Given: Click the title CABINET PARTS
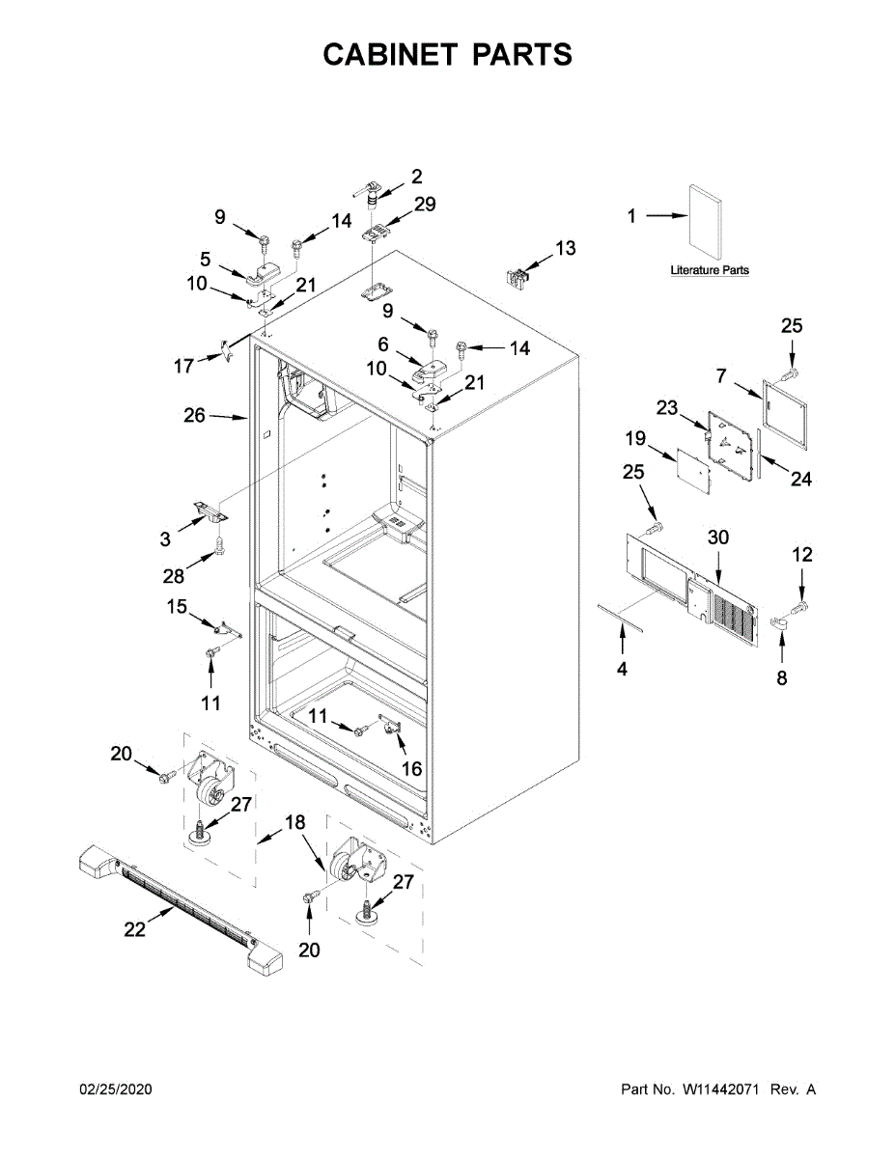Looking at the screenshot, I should coord(447,55).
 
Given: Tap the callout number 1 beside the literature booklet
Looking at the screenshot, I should coord(632,217).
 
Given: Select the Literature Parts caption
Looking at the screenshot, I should coord(710,271).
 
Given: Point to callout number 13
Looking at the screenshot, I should coord(565,249).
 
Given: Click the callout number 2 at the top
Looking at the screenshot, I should coord(417,177).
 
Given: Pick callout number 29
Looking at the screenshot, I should coord(425,205).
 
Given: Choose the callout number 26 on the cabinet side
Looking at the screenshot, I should coord(195,416).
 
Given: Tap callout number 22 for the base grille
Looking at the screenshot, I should coord(134,929).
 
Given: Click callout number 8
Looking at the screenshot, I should coord(782,678).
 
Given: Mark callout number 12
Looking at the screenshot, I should coord(802,555).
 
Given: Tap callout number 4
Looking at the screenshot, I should coord(622,668).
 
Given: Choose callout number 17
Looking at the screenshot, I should coord(182,365).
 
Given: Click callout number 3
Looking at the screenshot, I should coord(166,539).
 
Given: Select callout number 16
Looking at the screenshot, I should coord(411,768).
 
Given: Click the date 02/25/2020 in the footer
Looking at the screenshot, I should coord(115,1089).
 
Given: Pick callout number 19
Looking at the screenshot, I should coord(634,439).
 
